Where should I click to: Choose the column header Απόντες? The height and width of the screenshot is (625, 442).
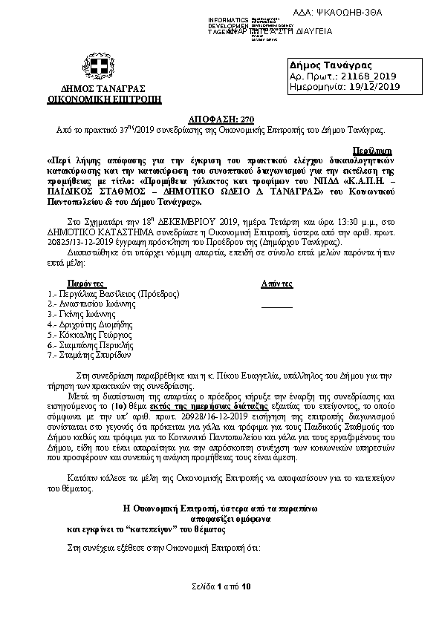click(276, 284)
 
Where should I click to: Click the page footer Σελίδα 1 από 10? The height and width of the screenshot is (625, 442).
click(220, 608)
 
